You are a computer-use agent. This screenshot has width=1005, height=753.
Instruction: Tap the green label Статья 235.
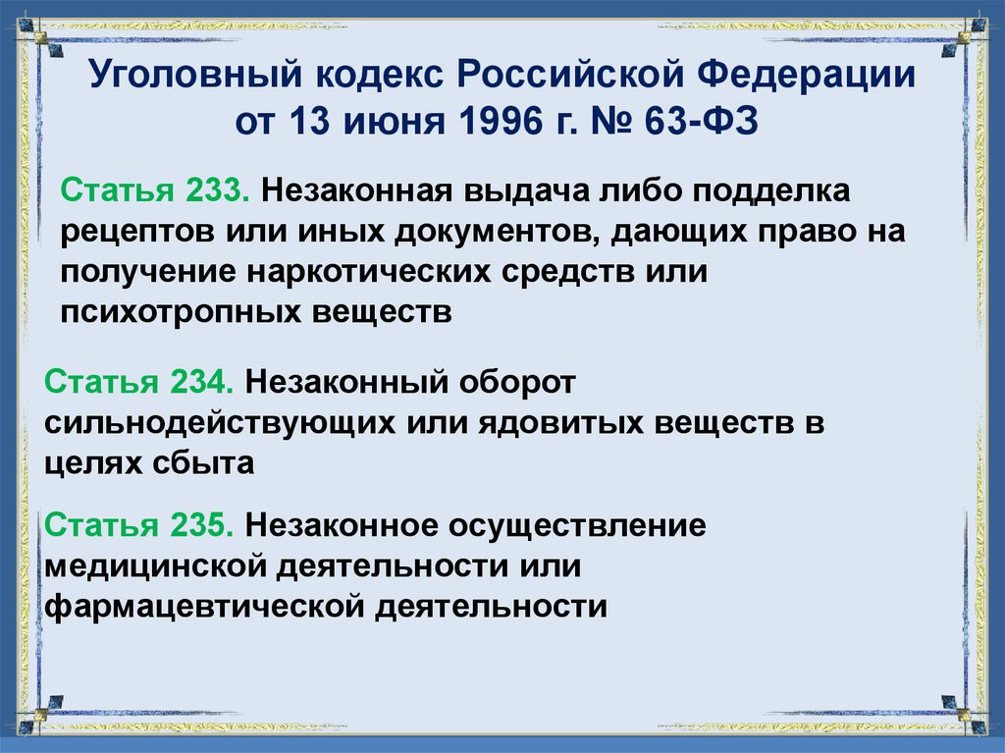(x=137, y=524)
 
